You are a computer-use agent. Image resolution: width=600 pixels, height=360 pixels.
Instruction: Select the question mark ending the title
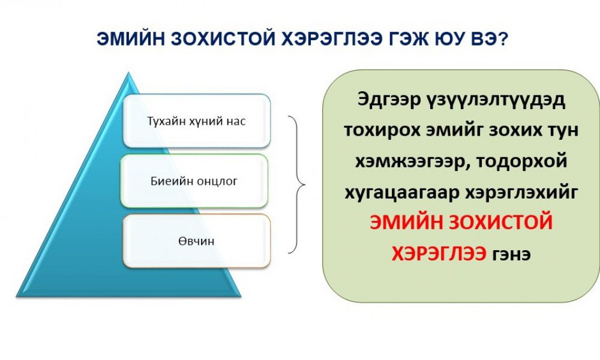502,39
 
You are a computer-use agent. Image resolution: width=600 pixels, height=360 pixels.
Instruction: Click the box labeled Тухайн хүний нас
196,121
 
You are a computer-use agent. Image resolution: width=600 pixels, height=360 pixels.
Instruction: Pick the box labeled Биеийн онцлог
194,181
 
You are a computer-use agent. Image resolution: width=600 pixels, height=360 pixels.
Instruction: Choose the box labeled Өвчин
196,241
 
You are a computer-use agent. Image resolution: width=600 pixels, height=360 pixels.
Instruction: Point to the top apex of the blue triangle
129,73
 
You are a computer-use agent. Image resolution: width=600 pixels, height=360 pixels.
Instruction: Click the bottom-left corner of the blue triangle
16,296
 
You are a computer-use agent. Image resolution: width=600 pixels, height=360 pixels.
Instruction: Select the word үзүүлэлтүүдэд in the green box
495,101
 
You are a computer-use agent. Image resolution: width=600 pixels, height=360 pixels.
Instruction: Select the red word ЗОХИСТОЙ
501,222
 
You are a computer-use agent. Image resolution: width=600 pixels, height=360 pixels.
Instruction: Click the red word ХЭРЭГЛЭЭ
439,253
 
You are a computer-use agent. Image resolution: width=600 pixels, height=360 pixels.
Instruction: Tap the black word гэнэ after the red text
512,255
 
